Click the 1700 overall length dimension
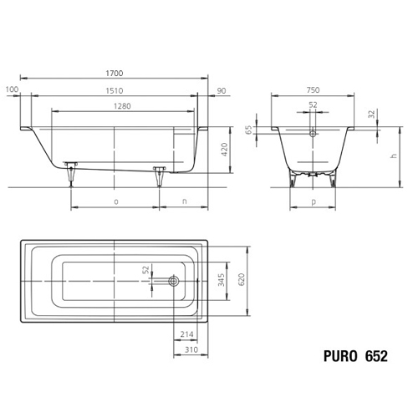[x=115, y=74]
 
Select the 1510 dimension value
[x=115, y=91]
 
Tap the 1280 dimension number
[x=122, y=106]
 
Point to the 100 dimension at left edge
[x=12, y=89]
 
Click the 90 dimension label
[x=222, y=91]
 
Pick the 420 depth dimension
[x=225, y=150]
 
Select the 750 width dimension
[x=313, y=90]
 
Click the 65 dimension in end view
[x=249, y=130]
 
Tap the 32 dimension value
[x=372, y=114]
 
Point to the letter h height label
[x=394, y=155]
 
